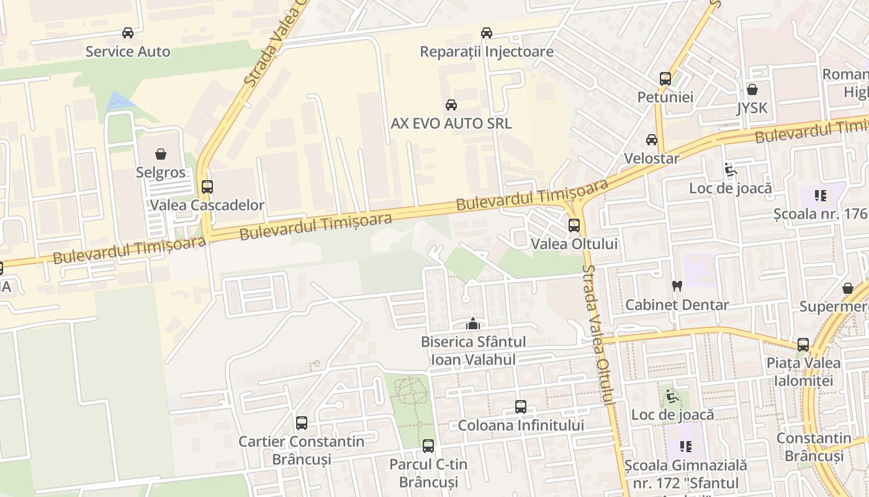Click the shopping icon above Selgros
tap(161, 153)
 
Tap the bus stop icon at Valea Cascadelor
tap(207, 186)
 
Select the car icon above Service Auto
tap(128, 33)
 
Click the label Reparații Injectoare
tap(487, 52)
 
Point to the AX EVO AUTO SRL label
tap(451, 123)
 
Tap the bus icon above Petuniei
tap(665, 79)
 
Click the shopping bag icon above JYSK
tap(752, 89)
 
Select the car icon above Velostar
tap(652, 140)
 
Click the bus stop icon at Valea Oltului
tap(574, 225)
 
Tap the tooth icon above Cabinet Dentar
tap(677, 286)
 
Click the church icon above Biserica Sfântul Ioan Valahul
tap(473, 323)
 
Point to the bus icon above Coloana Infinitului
tap(521, 407)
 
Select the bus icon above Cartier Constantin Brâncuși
tap(302, 423)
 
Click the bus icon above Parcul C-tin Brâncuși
tap(428, 445)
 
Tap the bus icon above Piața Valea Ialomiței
tap(803, 344)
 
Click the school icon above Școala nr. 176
tap(821, 196)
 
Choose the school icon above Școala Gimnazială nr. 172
tap(686, 446)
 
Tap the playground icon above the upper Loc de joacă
tap(731, 170)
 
